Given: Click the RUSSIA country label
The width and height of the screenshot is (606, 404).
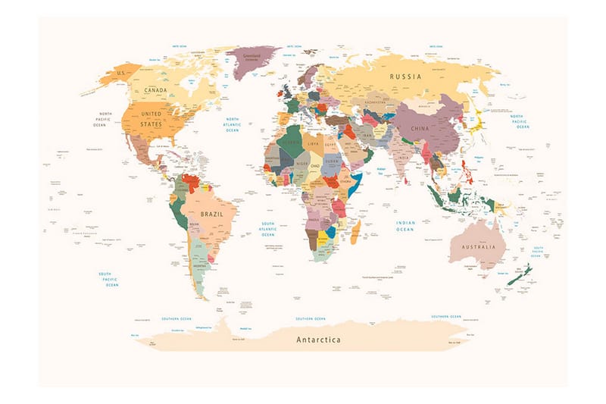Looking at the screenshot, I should (x=406, y=77).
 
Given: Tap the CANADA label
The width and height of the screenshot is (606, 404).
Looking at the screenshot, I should (x=155, y=90).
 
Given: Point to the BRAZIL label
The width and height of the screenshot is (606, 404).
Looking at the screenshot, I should (x=211, y=215).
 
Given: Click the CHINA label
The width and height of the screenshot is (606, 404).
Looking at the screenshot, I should (x=420, y=129).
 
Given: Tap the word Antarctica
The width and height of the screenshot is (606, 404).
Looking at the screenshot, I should (x=318, y=340).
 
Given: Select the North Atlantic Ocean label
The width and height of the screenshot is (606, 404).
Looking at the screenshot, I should (x=231, y=125).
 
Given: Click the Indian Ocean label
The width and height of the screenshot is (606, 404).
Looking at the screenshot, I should (x=405, y=225).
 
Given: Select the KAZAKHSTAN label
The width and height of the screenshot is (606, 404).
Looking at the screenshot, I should (x=376, y=102).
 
